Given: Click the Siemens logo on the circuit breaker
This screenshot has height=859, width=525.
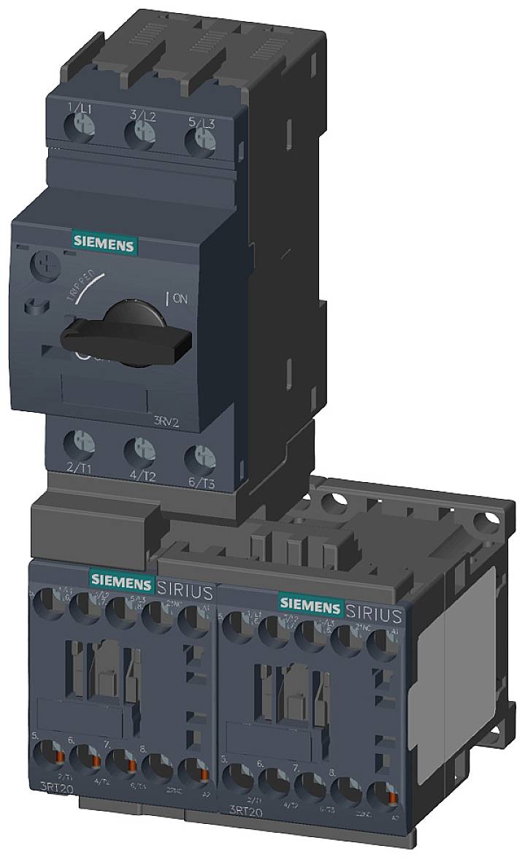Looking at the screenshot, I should pos(102,244).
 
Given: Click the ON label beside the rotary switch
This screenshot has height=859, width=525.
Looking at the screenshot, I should pos(179,298).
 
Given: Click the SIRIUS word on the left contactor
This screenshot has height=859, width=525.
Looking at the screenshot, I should pos(185,590).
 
